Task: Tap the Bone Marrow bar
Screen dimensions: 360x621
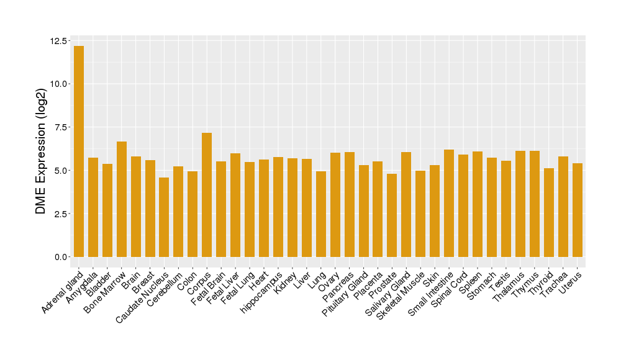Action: point(122,199)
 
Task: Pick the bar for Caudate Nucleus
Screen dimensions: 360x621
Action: point(164,217)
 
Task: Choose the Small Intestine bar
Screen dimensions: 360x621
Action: point(449,203)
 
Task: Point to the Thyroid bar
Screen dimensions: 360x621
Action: point(548,212)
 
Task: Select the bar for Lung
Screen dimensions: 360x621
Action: point(321,214)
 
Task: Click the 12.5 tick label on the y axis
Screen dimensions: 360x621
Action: point(60,41)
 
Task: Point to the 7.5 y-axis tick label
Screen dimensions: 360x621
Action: point(62,127)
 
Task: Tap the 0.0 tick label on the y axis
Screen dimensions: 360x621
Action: point(62,257)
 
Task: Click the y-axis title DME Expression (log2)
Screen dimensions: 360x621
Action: point(41,151)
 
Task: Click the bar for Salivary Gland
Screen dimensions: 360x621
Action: point(406,204)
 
